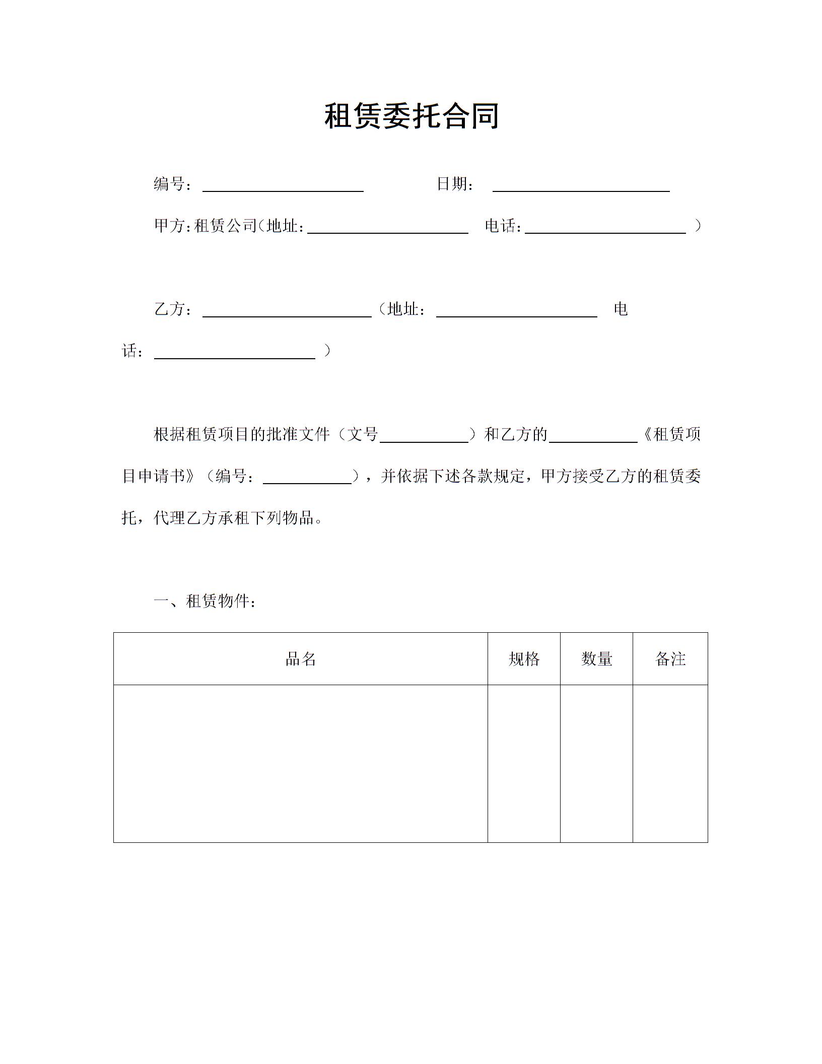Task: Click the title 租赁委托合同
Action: [411, 116]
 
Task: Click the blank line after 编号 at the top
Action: [283, 186]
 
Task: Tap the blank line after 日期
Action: [581, 186]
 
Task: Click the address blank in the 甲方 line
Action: [387, 228]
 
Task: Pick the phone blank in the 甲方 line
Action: [605, 228]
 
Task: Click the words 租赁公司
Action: [225, 226]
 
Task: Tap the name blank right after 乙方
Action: [287, 311]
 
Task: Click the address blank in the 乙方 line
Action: [516, 311]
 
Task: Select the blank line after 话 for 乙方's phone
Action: [234, 353]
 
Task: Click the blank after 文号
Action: [424, 437]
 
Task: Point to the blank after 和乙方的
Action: [593, 437]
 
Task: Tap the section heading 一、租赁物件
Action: [205, 601]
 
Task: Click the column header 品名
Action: [301, 659]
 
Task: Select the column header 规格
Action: [524, 659]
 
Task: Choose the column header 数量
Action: [596, 659]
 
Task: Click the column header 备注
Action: [670, 659]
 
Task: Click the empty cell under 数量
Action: [596, 763]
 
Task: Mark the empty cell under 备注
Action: [670, 763]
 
